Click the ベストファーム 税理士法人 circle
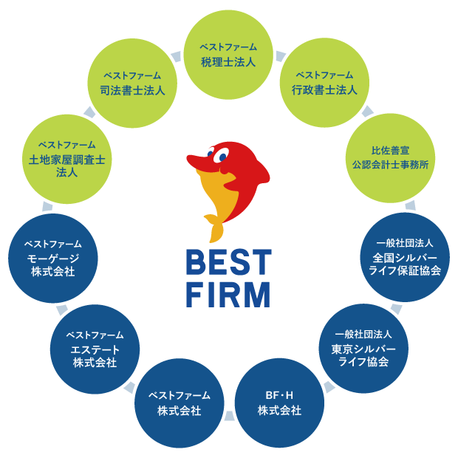[x=228, y=55]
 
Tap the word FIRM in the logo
[x=228, y=294]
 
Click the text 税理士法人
[x=228, y=62]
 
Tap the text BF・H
[x=279, y=395]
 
